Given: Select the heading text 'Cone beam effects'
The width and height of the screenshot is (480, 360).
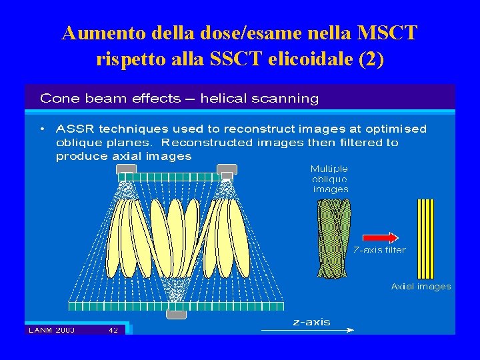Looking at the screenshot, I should (x=110, y=99).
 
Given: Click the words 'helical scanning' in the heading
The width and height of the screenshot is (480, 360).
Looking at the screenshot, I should (x=259, y=99).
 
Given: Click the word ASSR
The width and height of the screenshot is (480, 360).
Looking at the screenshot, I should (x=79, y=129).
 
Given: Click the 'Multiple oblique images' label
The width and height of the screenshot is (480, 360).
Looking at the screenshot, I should (x=330, y=179).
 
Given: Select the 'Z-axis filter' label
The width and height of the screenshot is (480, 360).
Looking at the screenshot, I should (x=379, y=251).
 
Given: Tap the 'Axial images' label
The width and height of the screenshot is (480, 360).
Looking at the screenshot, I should (x=421, y=287).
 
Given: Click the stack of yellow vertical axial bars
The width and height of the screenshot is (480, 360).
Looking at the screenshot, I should (x=425, y=238).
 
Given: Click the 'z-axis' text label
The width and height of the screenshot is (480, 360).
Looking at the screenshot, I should (x=312, y=322).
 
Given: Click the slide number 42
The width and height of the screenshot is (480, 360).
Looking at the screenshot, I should (x=113, y=329).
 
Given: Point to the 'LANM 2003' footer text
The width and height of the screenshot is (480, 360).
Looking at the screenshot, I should (x=51, y=329).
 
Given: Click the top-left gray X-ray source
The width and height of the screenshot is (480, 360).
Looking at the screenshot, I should (x=126, y=169).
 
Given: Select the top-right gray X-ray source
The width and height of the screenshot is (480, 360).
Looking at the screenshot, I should (x=227, y=169).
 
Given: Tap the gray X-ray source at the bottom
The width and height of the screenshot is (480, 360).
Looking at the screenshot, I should (x=176, y=314).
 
